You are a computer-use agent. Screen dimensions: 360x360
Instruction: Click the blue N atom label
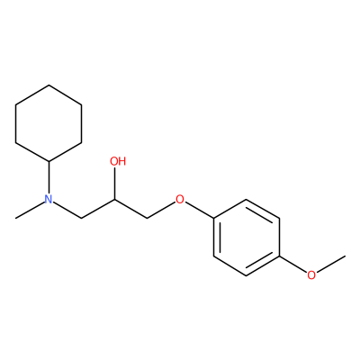pos(49,199)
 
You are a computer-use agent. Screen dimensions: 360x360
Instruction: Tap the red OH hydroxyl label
pos(118,161)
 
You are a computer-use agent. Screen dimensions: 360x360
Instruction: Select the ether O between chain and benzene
pos(180,199)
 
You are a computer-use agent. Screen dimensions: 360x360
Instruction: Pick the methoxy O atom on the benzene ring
pos(311,274)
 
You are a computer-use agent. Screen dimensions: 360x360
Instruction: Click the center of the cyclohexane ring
pos(49,123)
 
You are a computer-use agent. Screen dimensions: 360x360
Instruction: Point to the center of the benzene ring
pos(247,238)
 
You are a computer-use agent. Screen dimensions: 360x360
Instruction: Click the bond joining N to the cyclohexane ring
pos(49,177)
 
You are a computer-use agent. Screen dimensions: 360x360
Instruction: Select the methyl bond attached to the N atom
pos(30,210)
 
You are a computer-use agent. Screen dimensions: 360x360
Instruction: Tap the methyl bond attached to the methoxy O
pos(331,264)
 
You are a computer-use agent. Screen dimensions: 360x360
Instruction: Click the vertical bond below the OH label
pos(114,183)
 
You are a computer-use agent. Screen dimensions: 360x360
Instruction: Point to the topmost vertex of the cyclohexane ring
pos(49,85)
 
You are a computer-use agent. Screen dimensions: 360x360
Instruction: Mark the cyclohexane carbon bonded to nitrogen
pos(49,161)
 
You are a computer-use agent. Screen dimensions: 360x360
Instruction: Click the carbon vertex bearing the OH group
pos(114,199)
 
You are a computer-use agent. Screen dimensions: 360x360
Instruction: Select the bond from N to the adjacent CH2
pos(67,210)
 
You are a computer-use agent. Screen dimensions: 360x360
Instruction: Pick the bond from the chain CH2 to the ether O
pos(161,210)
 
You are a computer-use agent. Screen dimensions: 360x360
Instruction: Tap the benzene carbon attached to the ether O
pos(213,218)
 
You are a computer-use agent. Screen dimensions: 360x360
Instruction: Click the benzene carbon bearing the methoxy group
pos(280,256)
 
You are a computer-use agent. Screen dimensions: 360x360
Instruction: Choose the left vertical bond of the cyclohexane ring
pos(15,123)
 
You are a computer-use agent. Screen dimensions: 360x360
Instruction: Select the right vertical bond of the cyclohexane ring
pos(82,123)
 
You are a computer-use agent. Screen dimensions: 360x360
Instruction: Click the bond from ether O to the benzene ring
pos(199,210)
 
